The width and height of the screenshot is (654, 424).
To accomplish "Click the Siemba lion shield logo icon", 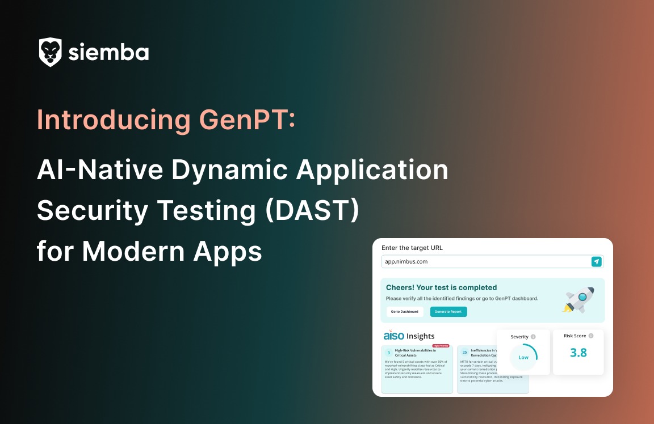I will (x=51, y=52).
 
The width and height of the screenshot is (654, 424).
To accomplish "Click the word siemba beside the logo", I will (x=108, y=53).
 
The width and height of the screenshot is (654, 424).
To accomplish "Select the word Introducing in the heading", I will (x=114, y=120).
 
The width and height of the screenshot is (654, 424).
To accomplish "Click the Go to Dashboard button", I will (x=404, y=312).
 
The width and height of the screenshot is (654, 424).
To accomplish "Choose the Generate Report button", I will (x=448, y=312).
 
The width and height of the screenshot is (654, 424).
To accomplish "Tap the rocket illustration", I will (x=578, y=300).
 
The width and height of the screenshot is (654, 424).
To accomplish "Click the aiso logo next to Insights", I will (x=393, y=336).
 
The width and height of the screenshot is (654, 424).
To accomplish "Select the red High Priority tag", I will (x=441, y=345).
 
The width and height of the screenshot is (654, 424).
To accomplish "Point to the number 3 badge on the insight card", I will (x=389, y=353).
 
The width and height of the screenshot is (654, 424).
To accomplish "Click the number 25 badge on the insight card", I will (x=464, y=353).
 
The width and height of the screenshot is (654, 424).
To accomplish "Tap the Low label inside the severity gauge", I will (x=523, y=358).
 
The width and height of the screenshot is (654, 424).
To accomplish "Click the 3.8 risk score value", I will (x=578, y=353).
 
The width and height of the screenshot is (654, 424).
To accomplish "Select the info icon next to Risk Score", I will (x=591, y=336).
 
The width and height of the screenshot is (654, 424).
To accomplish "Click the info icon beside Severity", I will (x=533, y=337).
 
